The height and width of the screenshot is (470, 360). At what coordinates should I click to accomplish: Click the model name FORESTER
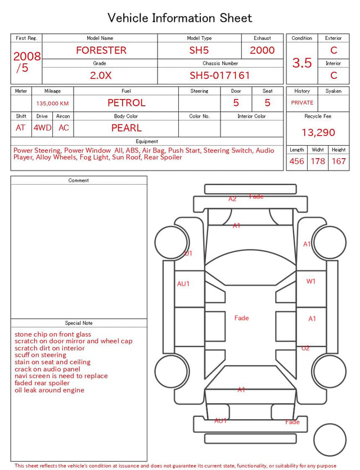101,50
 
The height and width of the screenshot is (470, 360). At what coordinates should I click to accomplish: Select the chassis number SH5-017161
220,75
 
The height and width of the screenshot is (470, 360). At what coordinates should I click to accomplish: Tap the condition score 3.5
302,63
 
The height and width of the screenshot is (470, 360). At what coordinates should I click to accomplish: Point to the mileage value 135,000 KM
52,104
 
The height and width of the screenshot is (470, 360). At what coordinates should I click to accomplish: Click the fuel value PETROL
127,103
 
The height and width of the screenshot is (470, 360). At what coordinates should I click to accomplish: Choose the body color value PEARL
127,128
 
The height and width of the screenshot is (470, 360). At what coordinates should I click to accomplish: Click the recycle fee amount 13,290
318,132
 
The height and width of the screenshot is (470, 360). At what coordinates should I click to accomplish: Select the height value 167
339,161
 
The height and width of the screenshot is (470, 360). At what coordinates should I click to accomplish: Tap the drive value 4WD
42,128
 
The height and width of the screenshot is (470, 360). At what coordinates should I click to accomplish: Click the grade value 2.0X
101,75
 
